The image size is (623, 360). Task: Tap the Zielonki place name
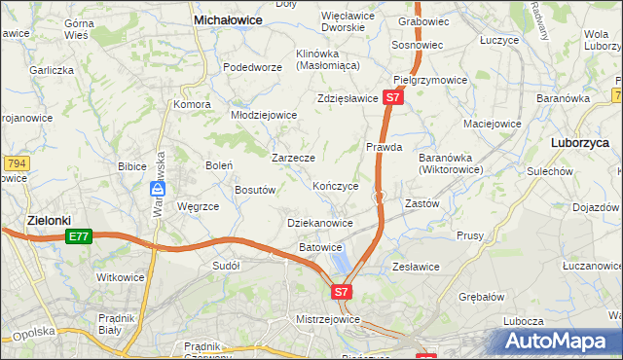click(48, 220)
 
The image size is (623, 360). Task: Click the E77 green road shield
click(79, 236)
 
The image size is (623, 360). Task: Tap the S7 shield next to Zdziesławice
click(391, 98)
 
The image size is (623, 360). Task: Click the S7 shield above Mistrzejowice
click(340, 291)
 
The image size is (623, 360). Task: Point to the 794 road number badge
click(14, 163)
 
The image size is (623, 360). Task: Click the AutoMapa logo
click(563, 341)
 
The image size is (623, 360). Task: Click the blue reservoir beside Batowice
click(340, 262)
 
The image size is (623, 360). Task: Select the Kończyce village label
click(336, 185)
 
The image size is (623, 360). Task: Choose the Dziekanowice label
click(320, 223)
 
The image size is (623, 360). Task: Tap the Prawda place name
click(384, 148)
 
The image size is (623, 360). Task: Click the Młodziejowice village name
click(263, 115)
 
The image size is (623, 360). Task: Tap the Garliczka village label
click(52, 70)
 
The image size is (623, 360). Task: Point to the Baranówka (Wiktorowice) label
click(451, 162)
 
